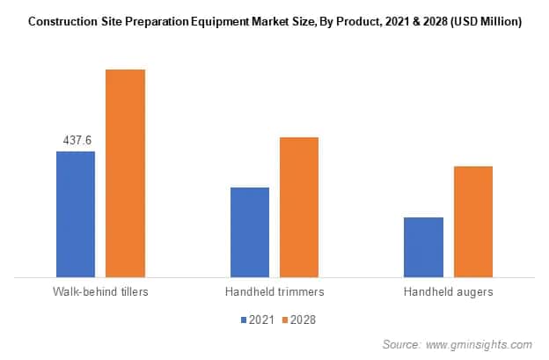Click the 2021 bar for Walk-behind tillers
76,215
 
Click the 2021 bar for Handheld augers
423,247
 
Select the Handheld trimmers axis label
274,291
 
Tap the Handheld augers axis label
449,291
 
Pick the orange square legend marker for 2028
285,320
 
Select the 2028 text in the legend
303,320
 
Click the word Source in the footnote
401,344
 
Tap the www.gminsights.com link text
479,344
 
